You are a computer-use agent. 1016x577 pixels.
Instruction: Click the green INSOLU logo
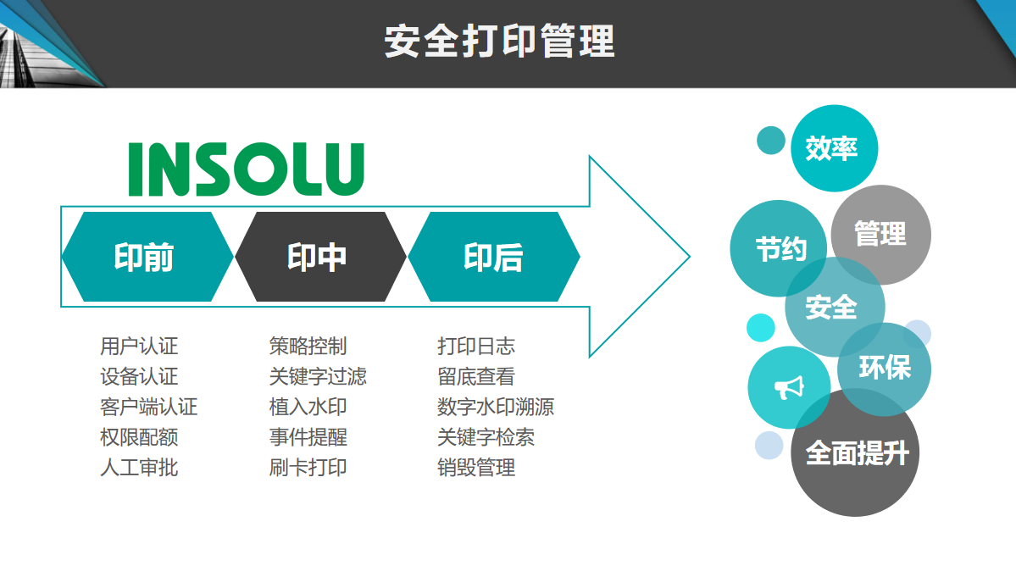coord(247,169)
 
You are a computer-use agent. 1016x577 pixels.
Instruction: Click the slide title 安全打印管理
coord(499,42)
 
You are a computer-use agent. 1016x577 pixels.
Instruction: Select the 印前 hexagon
coord(146,257)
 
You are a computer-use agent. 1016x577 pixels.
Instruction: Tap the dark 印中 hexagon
coord(319,257)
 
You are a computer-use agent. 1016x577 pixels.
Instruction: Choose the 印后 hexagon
coord(493,257)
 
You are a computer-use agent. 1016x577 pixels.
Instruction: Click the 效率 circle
coord(832,148)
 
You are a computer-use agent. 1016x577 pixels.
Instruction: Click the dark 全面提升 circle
coord(856,453)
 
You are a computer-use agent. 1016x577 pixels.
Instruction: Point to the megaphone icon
coord(788,388)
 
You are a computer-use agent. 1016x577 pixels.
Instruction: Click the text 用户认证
coord(139,346)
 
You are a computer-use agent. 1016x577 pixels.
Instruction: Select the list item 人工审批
coord(139,467)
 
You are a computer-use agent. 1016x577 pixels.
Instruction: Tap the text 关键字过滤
coord(318,376)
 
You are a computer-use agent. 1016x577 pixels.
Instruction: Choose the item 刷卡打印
coord(308,467)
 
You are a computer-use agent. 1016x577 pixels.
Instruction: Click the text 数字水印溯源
coord(496,407)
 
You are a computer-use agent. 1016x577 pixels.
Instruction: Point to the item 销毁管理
coord(476,467)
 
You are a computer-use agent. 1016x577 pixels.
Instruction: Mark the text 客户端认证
coord(148,407)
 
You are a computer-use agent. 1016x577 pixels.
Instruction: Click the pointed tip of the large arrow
coord(687,256)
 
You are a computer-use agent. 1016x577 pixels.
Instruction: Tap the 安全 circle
coord(832,307)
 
